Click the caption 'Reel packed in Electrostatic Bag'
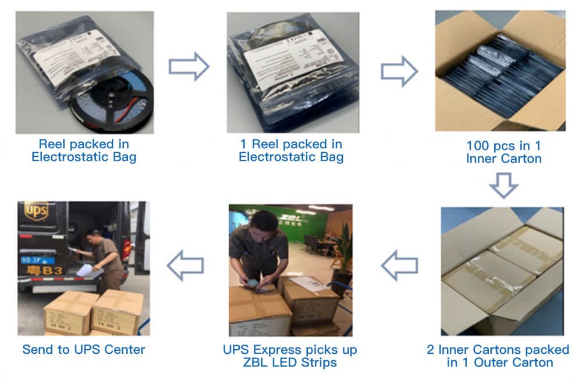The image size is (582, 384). tap(84, 150)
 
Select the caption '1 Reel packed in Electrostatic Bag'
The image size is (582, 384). tap(291, 150)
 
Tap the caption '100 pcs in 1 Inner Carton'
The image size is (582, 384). tap(504, 152)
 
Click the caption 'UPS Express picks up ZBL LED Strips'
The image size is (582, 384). tap(290, 356)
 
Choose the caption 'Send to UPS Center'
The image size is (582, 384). tap(84, 349)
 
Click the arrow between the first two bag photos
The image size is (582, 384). tap(189, 66)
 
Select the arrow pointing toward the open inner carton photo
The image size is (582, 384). tap(399, 72)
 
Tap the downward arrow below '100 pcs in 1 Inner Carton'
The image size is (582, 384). tap(503, 185)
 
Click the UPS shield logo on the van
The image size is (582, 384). tap(36, 210)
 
